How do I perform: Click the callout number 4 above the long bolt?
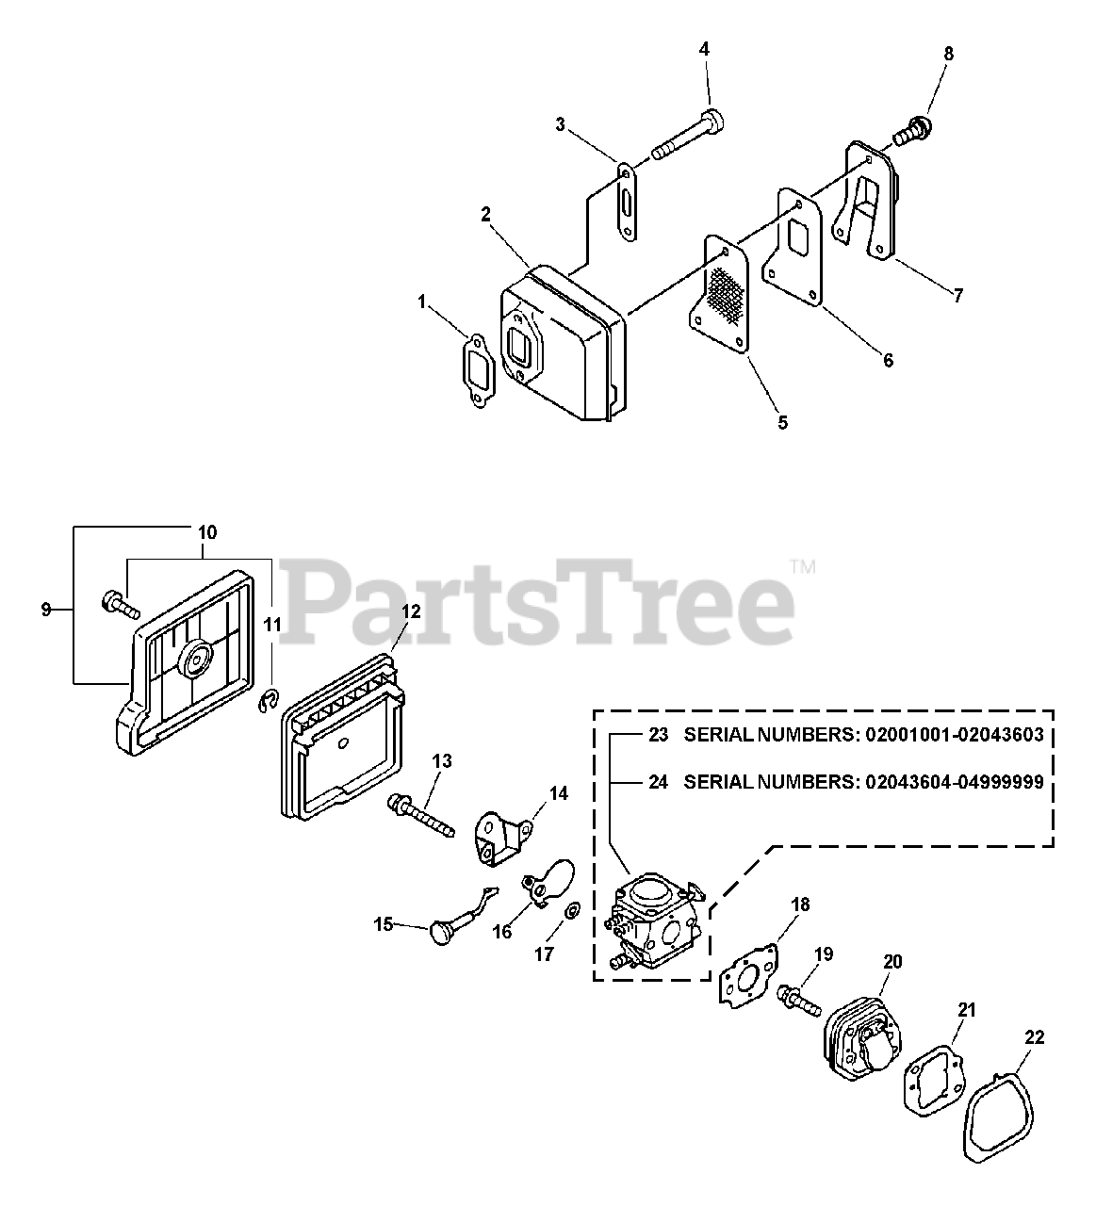[x=704, y=48]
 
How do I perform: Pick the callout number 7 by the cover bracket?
[x=957, y=296]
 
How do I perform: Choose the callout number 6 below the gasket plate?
[x=887, y=360]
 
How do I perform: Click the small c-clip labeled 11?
[x=269, y=696]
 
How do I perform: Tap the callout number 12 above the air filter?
[x=411, y=611]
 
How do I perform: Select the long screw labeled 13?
[x=419, y=816]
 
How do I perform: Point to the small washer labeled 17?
[x=572, y=913]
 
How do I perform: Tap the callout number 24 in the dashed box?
[x=657, y=781]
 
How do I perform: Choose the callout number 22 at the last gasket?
[x=1034, y=1037]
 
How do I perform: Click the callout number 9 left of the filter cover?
[x=45, y=610]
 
